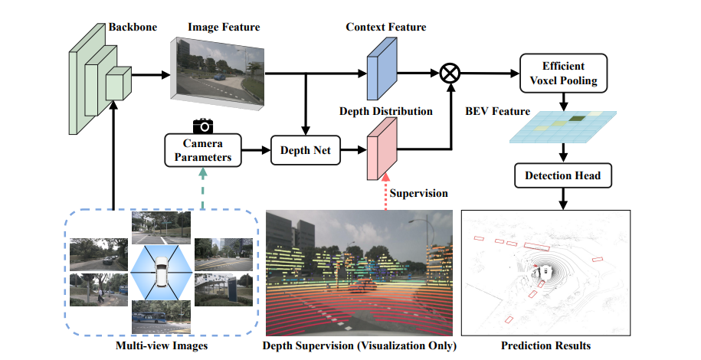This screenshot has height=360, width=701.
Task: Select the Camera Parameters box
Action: pos(202,150)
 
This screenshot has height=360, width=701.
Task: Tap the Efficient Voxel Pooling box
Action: pos(563,73)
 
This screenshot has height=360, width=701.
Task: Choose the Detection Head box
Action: pos(563,176)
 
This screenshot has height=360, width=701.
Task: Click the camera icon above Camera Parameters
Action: pos(202,125)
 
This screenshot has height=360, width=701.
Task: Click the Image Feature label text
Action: pos(224,28)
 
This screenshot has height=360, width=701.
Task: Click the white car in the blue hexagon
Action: pos(161,272)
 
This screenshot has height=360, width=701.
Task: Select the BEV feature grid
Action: pos(563,126)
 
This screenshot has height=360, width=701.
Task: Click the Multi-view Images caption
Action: pos(162,346)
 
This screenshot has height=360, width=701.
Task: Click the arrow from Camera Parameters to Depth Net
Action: pos(256,151)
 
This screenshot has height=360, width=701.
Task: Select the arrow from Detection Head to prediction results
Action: pos(563,198)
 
